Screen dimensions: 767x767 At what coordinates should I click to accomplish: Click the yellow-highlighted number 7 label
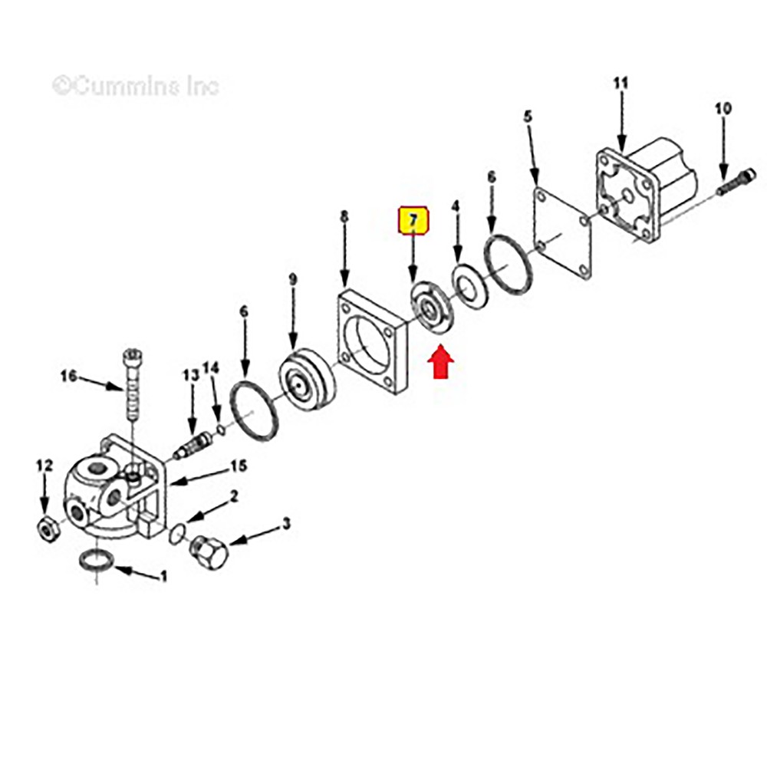tap(414, 221)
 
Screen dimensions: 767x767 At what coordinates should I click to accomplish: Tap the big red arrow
tap(441, 361)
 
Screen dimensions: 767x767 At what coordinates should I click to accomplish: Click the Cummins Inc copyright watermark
tap(136, 87)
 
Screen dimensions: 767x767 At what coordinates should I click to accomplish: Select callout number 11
tap(621, 84)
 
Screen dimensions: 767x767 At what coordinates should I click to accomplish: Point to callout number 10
tap(723, 108)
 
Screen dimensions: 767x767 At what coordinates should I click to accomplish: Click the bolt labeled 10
tap(736, 181)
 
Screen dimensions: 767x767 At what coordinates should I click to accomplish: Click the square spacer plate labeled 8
tap(373, 343)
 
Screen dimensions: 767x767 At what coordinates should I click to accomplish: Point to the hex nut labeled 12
tap(48, 528)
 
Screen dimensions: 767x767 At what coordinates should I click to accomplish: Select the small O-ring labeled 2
tap(177, 534)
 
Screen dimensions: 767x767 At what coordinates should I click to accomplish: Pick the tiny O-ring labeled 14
tap(221, 429)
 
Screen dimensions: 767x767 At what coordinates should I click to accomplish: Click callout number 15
tap(239, 466)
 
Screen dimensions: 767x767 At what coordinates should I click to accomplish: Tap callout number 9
tap(292, 280)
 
